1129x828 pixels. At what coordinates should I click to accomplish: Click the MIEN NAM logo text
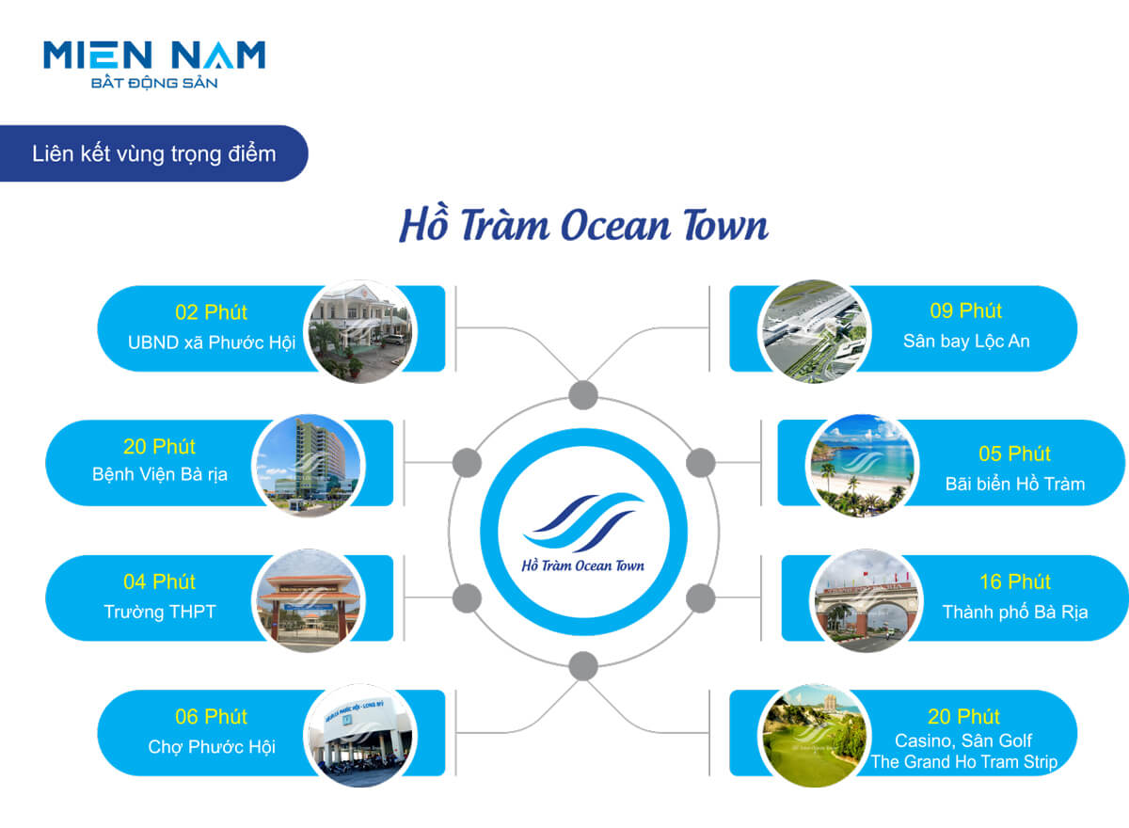coord(154,56)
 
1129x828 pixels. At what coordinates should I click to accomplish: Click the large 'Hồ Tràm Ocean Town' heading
coord(583,228)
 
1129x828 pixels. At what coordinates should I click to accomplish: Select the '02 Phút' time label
coord(211,312)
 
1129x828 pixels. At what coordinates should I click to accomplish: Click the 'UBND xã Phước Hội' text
coord(212,342)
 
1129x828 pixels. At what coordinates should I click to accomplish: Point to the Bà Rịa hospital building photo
coord(307,465)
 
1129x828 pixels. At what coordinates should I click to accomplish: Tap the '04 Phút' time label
coord(159,581)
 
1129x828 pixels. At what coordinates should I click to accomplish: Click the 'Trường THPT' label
coord(159,612)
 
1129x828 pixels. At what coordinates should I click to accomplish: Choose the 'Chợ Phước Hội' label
coord(212,747)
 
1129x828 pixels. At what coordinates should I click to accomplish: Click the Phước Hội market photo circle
coord(359,735)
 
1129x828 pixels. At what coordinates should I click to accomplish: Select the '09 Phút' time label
coord(965,310)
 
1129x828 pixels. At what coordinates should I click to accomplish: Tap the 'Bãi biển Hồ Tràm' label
coord(1015,484)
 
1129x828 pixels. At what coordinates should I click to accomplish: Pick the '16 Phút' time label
coord(1015,581)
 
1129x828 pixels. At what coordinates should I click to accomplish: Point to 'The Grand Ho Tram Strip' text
coord(964,762)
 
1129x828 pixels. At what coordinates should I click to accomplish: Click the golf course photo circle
coord(810,735)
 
